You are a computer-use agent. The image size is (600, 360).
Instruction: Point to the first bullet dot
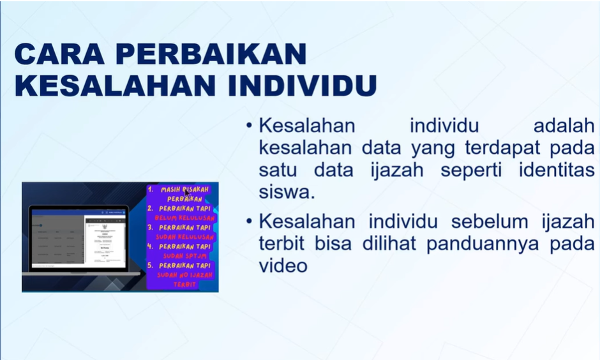[250, 126]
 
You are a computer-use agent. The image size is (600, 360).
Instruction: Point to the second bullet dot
[250, 221]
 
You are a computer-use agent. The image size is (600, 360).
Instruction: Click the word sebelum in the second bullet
[492, 221]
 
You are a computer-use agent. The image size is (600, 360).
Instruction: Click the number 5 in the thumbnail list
[151, 265]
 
